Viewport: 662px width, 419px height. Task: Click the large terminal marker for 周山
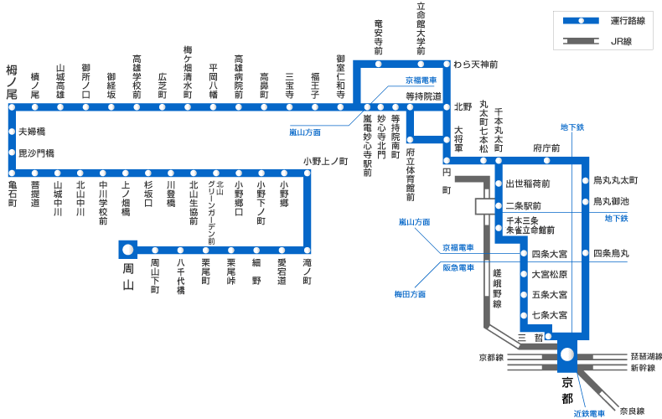click(127, 250)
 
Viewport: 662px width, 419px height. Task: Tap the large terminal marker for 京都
click(567, 354)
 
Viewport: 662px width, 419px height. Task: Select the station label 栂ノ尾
click(12, 81)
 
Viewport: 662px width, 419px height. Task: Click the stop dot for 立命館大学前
click(421, 65)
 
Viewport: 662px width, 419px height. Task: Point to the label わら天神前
click(476, 65)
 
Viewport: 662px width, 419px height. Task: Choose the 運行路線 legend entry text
click(628, 21)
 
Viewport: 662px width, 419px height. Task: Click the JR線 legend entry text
click(622, 41)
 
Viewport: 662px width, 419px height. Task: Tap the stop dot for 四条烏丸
click(585, 253)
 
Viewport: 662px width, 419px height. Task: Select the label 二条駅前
click(524, 206)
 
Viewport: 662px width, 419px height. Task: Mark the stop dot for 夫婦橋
click(12, 132)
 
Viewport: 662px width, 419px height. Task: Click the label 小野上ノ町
click(325, 162)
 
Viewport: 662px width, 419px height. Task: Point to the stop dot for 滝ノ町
click(307, 250)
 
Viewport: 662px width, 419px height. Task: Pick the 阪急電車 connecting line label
click(458, 267)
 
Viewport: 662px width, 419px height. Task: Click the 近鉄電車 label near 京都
click(589, 413)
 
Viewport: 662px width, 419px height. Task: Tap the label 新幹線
click(643, 368)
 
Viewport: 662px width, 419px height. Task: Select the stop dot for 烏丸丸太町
click(585, 180)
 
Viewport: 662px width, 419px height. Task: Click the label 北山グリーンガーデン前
click(215, 213)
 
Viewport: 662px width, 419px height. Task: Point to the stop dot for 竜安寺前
click(378, 65)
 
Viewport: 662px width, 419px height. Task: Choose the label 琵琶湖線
click(646, 357)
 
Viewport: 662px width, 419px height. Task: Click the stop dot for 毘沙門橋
click(12, 153)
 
